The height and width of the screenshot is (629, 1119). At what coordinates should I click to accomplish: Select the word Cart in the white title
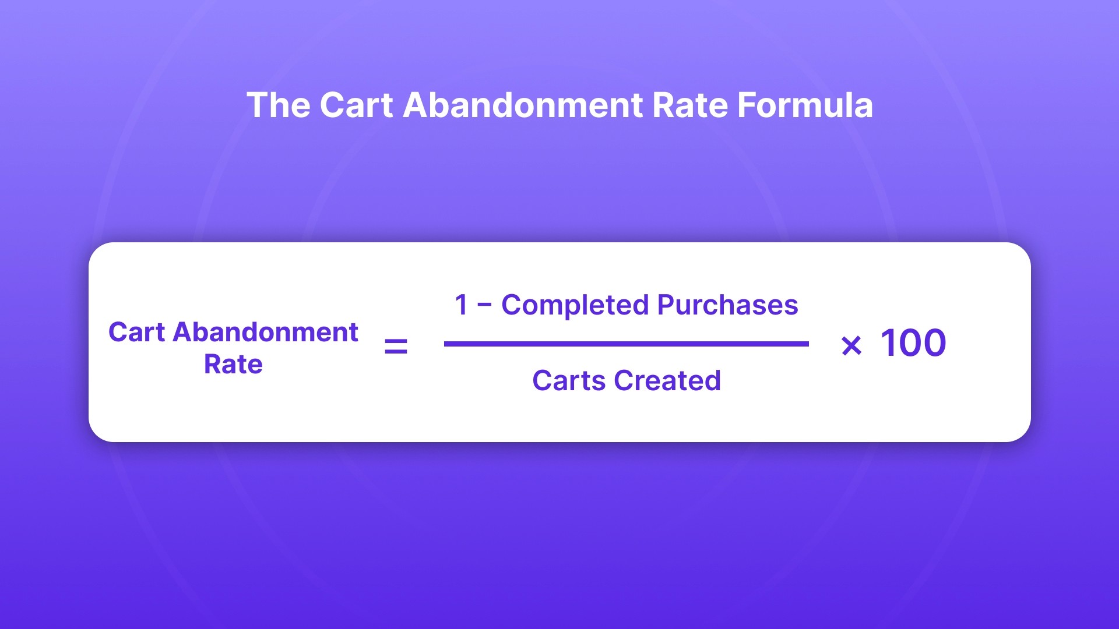(356, 105)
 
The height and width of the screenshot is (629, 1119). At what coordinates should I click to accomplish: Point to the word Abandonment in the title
(523, 105)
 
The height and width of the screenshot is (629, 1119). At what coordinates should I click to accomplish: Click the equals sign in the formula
(396, 347)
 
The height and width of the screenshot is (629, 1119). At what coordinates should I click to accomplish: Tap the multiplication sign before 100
(851, 346)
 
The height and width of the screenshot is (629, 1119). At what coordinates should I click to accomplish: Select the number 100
(913, 343)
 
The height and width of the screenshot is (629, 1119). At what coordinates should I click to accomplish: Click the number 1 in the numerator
(462, 305)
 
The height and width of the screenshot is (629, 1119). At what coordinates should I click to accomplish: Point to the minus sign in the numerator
(484, 305)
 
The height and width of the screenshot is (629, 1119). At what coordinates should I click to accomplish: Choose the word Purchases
(728, 305)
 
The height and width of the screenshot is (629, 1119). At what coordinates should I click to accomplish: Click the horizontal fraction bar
(626, 344)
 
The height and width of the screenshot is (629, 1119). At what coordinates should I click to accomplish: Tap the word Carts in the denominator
(569, 381)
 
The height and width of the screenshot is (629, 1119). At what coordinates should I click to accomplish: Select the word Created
(667, 381)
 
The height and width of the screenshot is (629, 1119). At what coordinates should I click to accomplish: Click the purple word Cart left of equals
(137, 333)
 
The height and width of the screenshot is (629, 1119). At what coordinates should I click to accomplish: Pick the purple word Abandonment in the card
(266, 333)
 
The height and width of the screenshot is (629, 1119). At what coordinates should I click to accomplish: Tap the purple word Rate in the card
(233, 365)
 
